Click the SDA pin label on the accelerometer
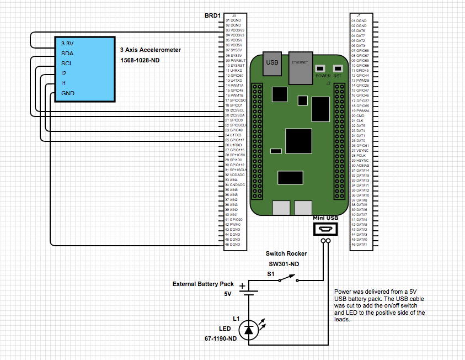[67, 54]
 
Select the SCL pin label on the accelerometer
[66, 63]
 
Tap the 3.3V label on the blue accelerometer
[67, 44]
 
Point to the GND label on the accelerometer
[68, 93]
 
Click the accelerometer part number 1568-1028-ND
[140, 60]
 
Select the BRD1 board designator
[213, 15]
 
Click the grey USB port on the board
[272, 63]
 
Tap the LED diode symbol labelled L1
[249, 330]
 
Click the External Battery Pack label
[204, 284]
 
